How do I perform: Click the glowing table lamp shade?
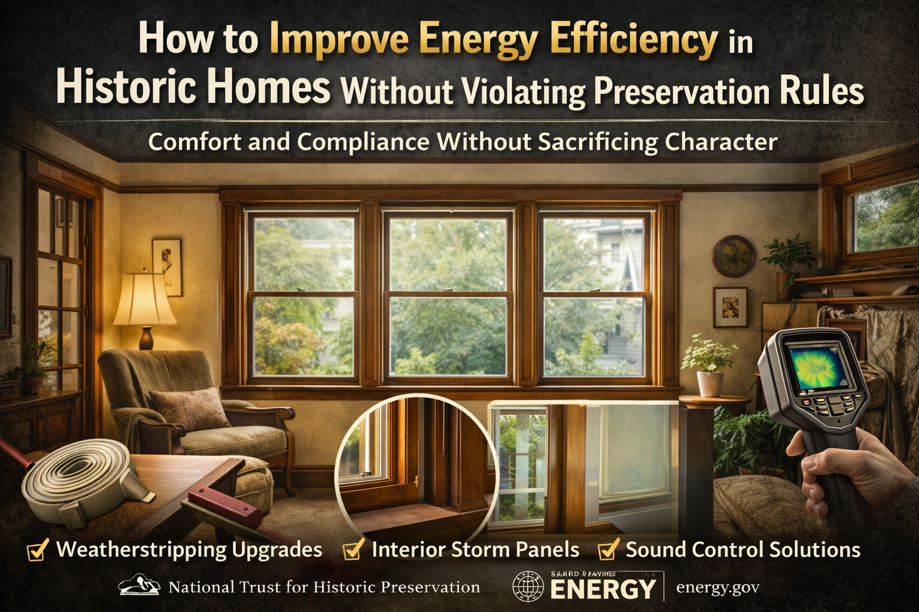[x=144, y=299]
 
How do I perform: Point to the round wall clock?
[x=733, y=256]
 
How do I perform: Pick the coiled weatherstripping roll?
[x=78, y=478]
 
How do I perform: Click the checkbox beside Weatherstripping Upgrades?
[x=38, y=550]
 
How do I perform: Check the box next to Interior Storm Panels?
[x=353, y=550]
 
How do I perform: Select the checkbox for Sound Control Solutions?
[x=608, y=550]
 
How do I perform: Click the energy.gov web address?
[x=717, y=587]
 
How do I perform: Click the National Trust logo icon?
[x=139, y=586]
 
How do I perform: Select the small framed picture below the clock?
[x=730, y=307]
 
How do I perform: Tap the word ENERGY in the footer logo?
[x=602, y=590]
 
